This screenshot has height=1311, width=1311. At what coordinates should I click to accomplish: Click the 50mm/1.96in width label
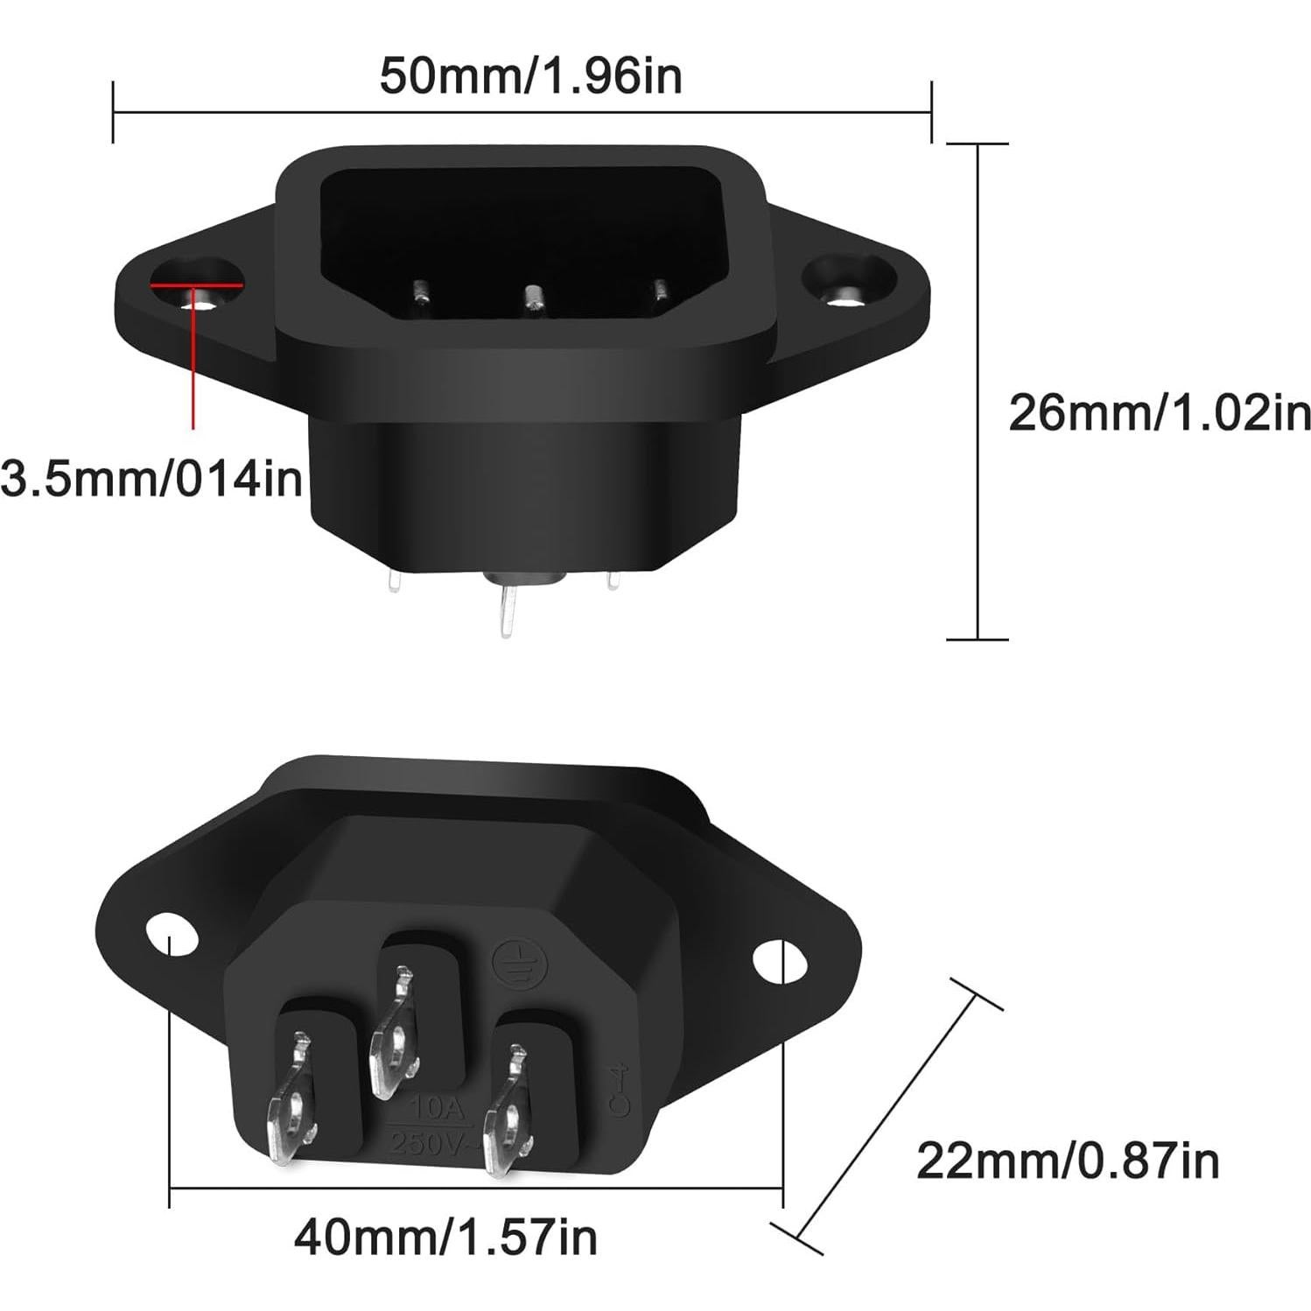530,76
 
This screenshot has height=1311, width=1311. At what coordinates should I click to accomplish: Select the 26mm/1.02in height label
1160,413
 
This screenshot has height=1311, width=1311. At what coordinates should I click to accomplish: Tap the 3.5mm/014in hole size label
151,479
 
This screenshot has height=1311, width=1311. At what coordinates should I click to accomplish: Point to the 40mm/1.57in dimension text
445,1237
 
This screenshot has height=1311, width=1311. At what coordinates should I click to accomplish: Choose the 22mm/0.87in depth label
1068,1161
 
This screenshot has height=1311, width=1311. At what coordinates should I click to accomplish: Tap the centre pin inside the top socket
532,299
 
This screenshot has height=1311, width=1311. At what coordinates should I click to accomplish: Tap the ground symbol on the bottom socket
510,961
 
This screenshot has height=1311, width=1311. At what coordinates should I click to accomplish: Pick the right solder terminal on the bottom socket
508,1111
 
